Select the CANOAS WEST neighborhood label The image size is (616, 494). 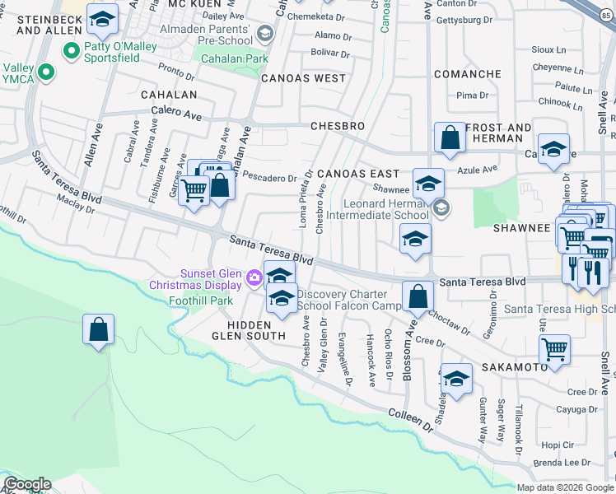point(304,78)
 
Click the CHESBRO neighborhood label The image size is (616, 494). point(338,126)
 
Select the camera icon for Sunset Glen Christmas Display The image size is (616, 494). point(254,278)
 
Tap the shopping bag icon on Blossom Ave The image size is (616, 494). point(418,296)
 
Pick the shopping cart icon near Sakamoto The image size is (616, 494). point(555,347)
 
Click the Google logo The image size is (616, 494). point(27,484)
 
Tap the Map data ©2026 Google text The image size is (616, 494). point(565,487)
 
